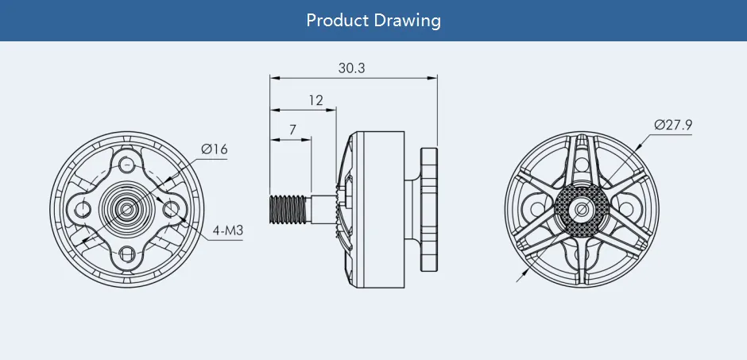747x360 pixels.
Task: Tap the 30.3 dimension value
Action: coord(351,68)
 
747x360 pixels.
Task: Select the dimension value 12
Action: coord(316,100)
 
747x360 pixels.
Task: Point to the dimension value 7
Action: coord(292,129)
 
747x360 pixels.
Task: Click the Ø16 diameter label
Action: coord(214,149)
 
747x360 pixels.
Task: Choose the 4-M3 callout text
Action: coord(227,232)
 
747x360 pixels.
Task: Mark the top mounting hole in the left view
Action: coord(126,165)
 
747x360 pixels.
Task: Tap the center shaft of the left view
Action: coord(126,209)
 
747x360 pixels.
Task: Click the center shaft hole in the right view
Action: coord(581,209)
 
